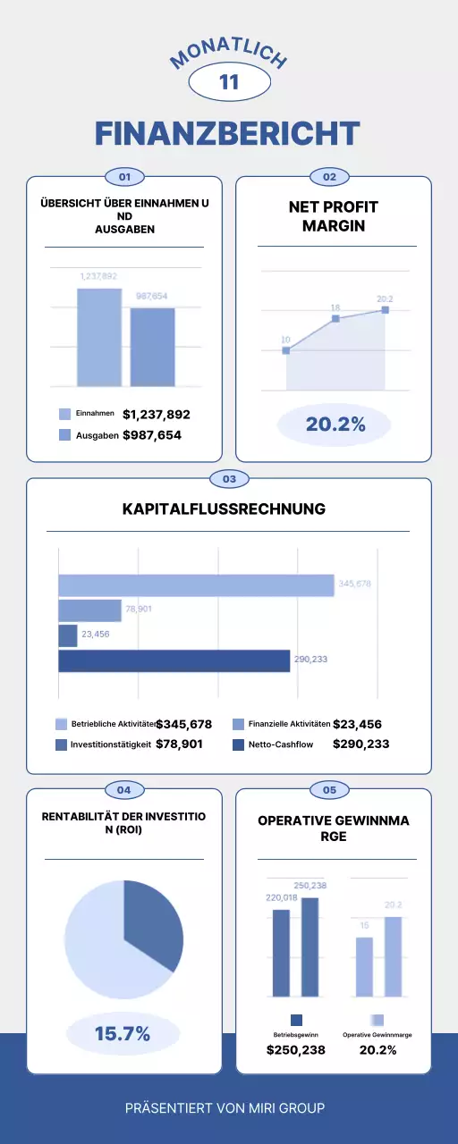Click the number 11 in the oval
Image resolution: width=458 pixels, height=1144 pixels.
pos(229,82)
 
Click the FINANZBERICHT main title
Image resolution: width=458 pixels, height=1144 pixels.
pos(228,134)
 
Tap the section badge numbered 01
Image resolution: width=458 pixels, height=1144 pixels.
pos(125,177)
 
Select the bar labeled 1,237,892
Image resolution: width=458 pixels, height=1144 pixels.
pos(98,337)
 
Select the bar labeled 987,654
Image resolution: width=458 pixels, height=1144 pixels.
pos(152,347)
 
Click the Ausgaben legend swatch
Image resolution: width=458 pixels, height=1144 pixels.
pos(64,435)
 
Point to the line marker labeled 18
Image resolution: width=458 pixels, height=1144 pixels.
pos(335,318)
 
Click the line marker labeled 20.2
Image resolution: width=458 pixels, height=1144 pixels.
pos(386,310)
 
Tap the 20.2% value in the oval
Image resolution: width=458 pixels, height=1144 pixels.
pos(335,425)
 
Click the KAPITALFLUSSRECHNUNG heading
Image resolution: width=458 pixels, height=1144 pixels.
pos(224,509)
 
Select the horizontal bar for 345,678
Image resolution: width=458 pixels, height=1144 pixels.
pos(196,585)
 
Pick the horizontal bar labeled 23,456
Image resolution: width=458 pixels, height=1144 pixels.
pos(68,635)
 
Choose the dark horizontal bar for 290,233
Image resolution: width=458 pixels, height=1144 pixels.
pos(174,660)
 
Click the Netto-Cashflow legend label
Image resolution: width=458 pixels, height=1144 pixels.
pos(281,744)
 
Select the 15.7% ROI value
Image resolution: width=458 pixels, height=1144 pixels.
pos(123,1034)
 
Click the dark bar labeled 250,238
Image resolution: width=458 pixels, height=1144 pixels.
pos(310,946)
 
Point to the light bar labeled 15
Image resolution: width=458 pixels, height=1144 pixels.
pos(364,966)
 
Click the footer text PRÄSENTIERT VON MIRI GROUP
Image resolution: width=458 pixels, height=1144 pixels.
pos(225,1107)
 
